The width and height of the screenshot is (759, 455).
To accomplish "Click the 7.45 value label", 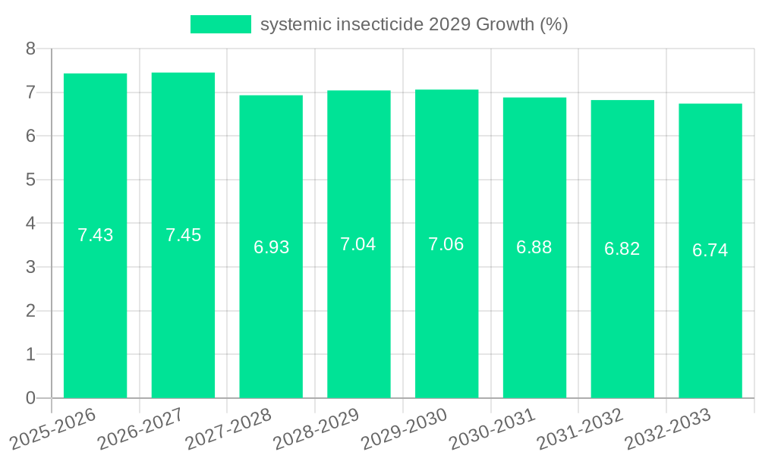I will pyautogui.click(x=183, y=235).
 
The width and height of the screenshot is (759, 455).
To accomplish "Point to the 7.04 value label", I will pyautogui.click(x=358, y=244).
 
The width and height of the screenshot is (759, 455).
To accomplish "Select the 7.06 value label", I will pyautogui.click(x=446, y=244).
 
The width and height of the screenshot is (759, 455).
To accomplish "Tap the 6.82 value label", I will pyautogui.click(x=622, y=249).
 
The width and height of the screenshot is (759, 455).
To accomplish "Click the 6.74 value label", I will pyautogui.click(x=710, y=251).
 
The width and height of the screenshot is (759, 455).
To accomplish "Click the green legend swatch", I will pyautogui.click(x=220, y=24).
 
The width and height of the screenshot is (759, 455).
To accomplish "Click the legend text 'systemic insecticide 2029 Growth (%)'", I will pyautogui.click(x=414, y=24).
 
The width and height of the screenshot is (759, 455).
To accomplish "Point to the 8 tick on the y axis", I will pyautogui.click(x=30, y=49).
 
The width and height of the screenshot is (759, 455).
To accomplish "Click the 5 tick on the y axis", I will pyautogui.click(x=30, y=180).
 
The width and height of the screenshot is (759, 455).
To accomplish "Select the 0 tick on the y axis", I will pyautogui.click(x=30, y=398).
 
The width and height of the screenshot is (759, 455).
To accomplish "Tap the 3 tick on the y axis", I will pyautogui.click(x=30, y=267).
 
